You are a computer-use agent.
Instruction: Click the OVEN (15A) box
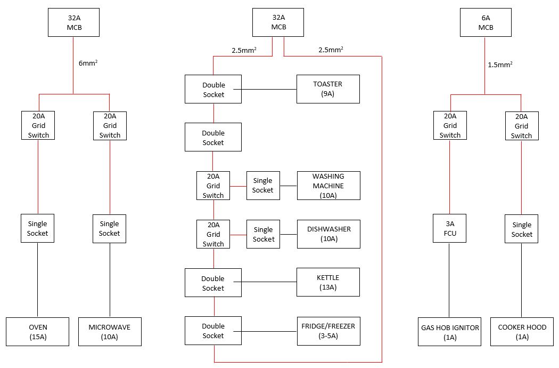(37, 332)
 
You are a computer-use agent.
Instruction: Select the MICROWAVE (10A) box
(110, 332)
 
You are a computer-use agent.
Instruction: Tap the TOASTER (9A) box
(328, 89)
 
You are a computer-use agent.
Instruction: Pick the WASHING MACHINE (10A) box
(328, 186)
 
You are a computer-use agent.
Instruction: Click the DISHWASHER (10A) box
(328, 234)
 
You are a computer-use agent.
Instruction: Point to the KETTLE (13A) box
(328, 283)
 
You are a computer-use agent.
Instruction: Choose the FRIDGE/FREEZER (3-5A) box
(328, 331)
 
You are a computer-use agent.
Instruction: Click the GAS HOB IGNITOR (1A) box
(450, 332)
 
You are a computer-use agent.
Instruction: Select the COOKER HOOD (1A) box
(522, 332)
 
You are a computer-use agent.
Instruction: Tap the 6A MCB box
(485, 22)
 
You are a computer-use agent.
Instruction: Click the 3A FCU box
(450, 229)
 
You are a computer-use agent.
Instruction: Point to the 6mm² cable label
(88, 63)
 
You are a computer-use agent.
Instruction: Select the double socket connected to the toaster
(213, 89)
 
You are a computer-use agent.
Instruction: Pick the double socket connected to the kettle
(213, 283)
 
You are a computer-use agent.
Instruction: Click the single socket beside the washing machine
(262, 185)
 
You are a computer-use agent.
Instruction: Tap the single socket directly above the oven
(37, 229)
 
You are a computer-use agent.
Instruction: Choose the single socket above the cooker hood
(522, 229)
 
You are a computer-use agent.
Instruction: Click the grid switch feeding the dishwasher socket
(213, 234)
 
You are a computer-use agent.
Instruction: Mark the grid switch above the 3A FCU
(450, 125)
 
